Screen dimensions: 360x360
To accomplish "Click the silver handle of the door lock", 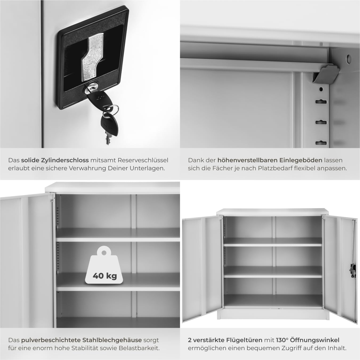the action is tap(92, 57).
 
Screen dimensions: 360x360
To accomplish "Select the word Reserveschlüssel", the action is tap(143, 160).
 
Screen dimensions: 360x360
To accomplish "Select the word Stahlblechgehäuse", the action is tap(112, 340).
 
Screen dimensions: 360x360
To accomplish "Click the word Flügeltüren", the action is tap(244, 340).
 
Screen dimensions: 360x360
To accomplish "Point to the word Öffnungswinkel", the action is tap(315, 340).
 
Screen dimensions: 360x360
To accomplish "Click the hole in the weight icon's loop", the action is tap(104, 253).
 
